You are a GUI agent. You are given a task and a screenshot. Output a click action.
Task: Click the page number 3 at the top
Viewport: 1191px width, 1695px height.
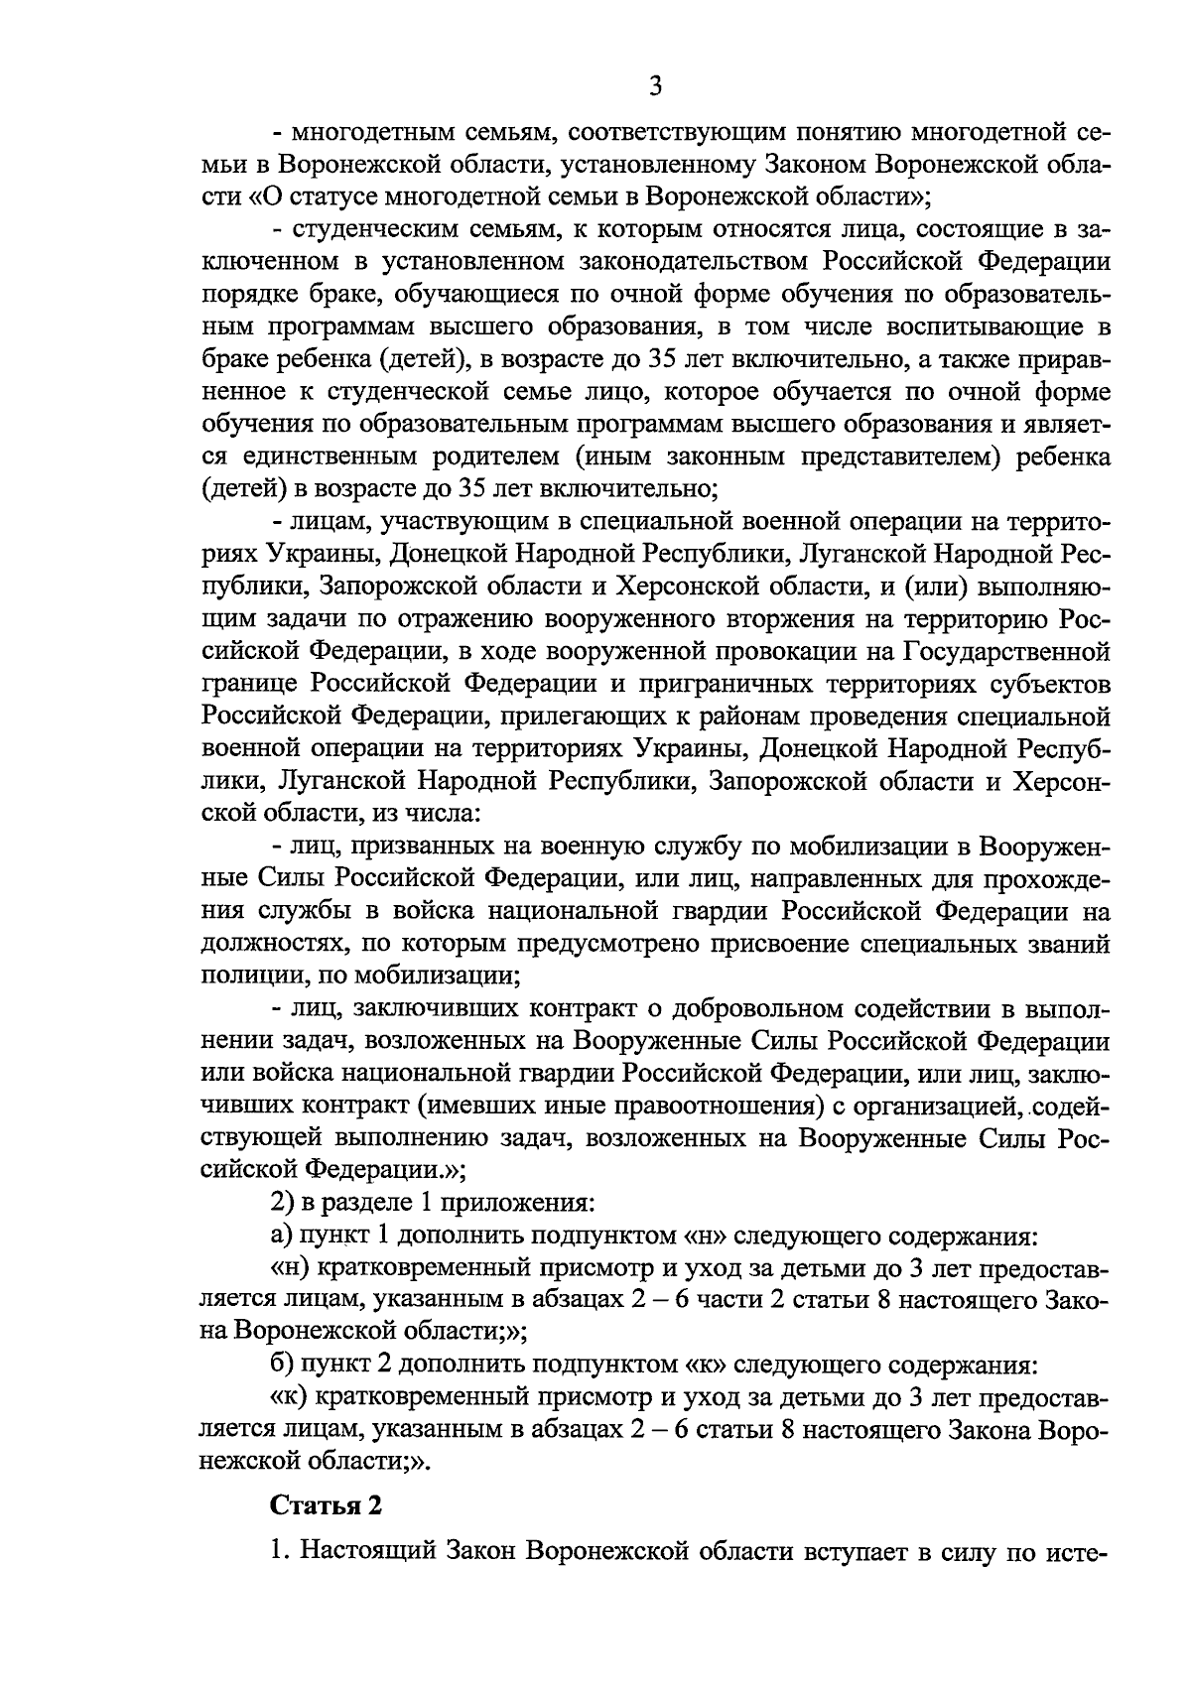pos(654,86)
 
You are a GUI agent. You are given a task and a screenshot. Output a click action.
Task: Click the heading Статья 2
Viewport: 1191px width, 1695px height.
pos(327,1505)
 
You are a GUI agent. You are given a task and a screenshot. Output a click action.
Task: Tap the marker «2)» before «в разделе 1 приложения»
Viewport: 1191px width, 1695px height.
pos(282,1204)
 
